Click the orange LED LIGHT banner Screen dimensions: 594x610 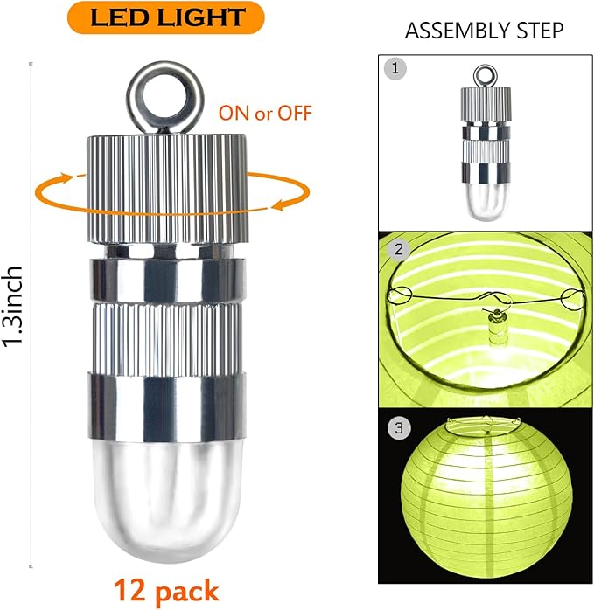click(166, 17)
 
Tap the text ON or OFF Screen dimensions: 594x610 click(265, 114)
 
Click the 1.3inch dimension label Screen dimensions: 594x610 click(12, 306)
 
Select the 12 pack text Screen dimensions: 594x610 click(166, 591)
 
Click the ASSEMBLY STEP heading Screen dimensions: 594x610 click(484, 31)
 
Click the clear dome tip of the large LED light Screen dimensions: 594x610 click(168, 500)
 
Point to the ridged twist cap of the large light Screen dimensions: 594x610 click(167, 189)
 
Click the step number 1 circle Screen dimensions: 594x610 click(395, 69)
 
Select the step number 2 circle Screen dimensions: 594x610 click(399, 249)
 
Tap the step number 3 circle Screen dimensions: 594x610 click(399, 428)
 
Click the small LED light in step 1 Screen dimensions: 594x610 click(486, 142)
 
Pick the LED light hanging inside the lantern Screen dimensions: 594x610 click(496, 328)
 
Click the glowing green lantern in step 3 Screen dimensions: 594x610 click(487, 500)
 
